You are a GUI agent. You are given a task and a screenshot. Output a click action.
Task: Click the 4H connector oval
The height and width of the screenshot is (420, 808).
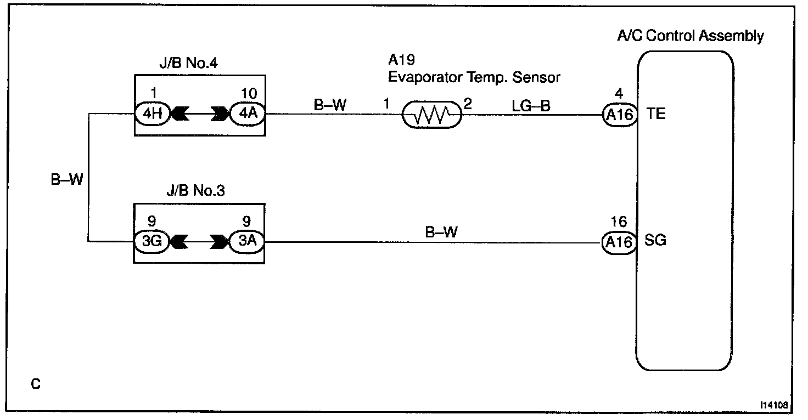click(152, 114)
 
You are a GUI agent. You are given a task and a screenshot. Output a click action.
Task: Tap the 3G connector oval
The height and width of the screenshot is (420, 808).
click(152, 241)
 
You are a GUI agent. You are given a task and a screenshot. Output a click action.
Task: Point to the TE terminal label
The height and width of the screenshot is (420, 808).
click(655, 114)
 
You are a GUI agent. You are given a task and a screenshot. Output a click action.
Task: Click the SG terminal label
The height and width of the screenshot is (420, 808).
click(655, 241)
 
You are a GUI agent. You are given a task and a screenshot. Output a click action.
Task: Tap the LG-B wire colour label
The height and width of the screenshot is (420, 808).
click(531, 105)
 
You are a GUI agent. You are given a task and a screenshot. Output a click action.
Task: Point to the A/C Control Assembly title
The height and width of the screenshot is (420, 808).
click(691, 37)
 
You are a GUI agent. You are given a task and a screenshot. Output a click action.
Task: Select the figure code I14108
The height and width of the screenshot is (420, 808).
click(774, 405)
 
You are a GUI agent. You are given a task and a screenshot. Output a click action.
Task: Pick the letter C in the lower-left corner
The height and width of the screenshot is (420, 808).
click(36, 384)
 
